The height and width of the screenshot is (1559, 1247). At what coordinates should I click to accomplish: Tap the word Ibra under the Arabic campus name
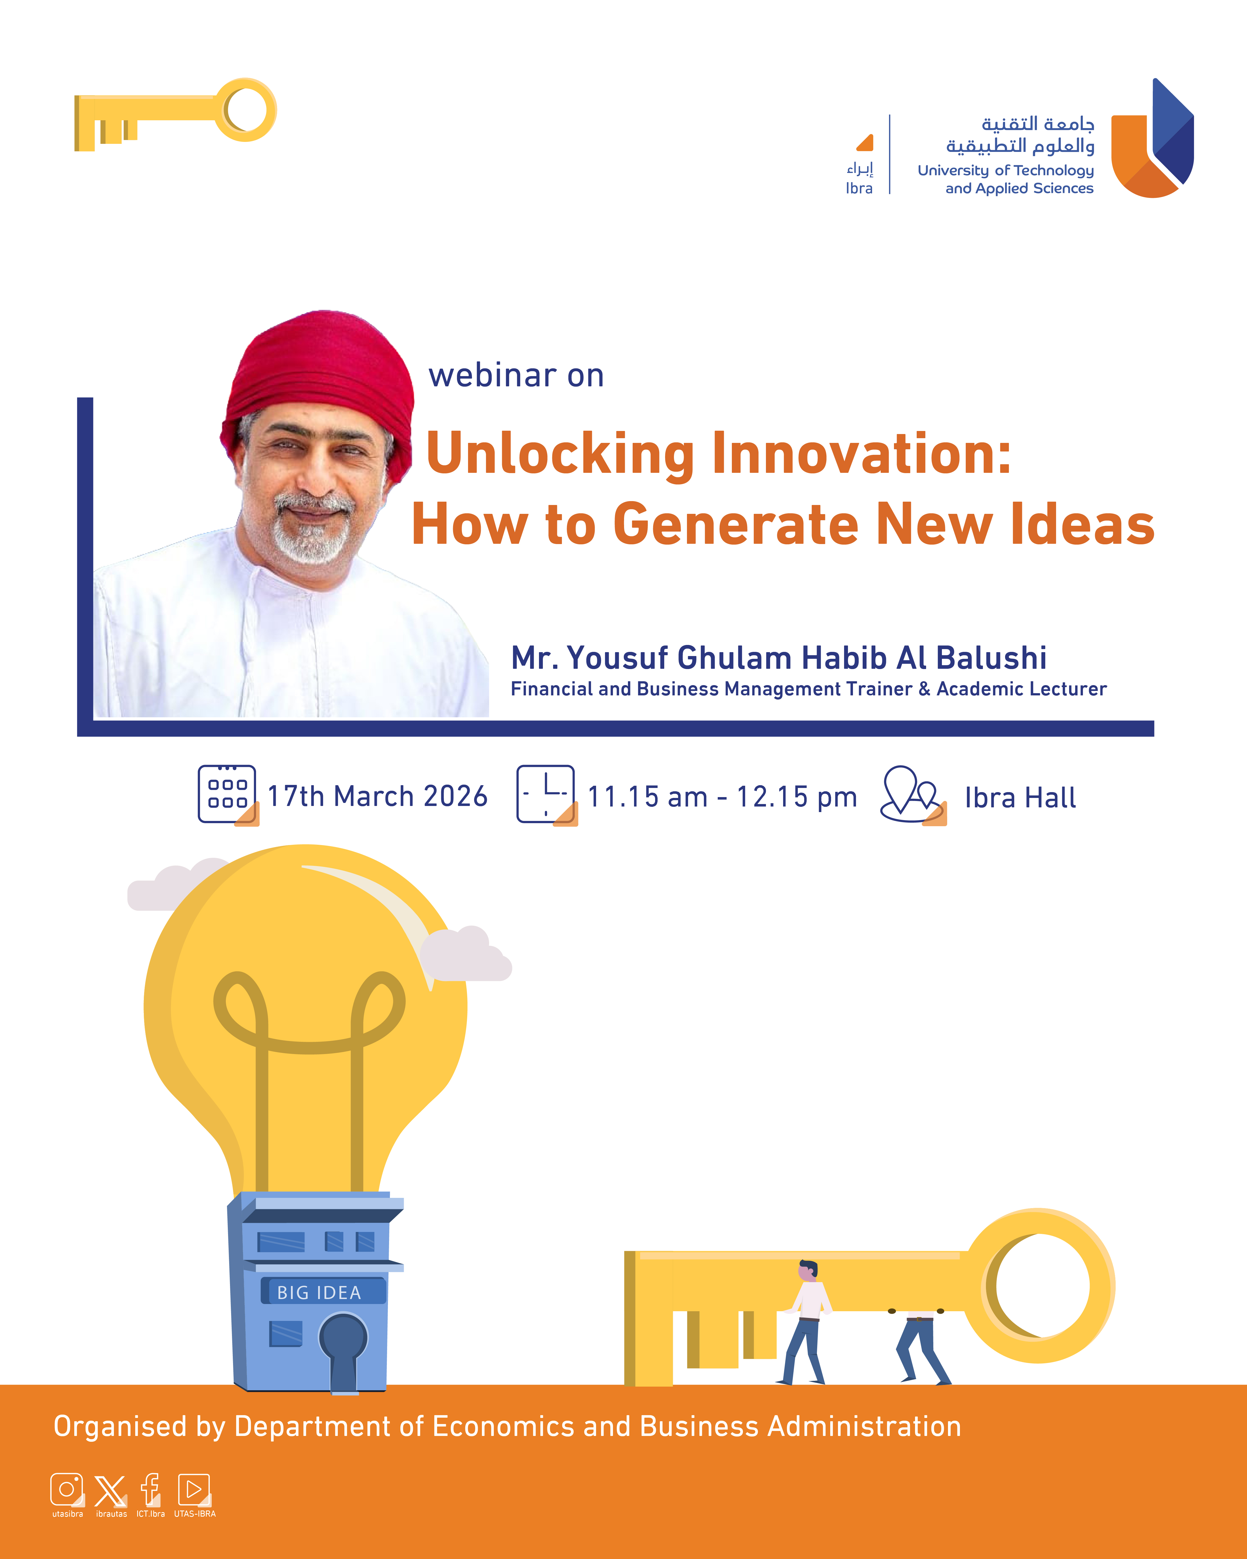859,188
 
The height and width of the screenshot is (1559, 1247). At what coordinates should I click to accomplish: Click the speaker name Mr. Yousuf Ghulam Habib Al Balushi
779,657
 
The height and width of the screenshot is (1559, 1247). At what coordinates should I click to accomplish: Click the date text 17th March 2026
377,796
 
